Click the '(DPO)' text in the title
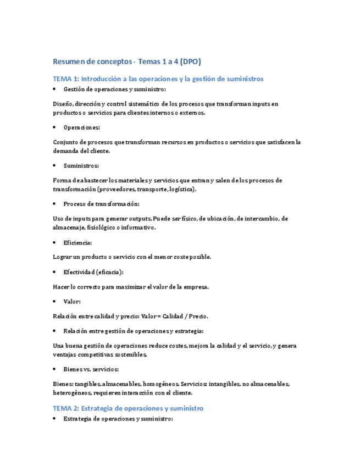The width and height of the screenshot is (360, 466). tap(197, 62)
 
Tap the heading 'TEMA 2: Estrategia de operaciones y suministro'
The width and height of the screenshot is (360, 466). tap(128, 408)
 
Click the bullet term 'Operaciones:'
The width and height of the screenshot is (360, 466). tap(82, 127)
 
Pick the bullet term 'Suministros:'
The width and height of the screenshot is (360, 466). tap(81, 165)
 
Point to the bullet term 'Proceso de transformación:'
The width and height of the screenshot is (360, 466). tap(102, 204)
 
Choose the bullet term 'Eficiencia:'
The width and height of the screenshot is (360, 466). tap(77, 242)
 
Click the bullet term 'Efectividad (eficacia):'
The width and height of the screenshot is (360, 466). tap(93, 271)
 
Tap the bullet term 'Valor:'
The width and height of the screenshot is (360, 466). tap(72, 301)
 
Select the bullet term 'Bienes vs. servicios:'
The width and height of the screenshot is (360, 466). tap(91, 369)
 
